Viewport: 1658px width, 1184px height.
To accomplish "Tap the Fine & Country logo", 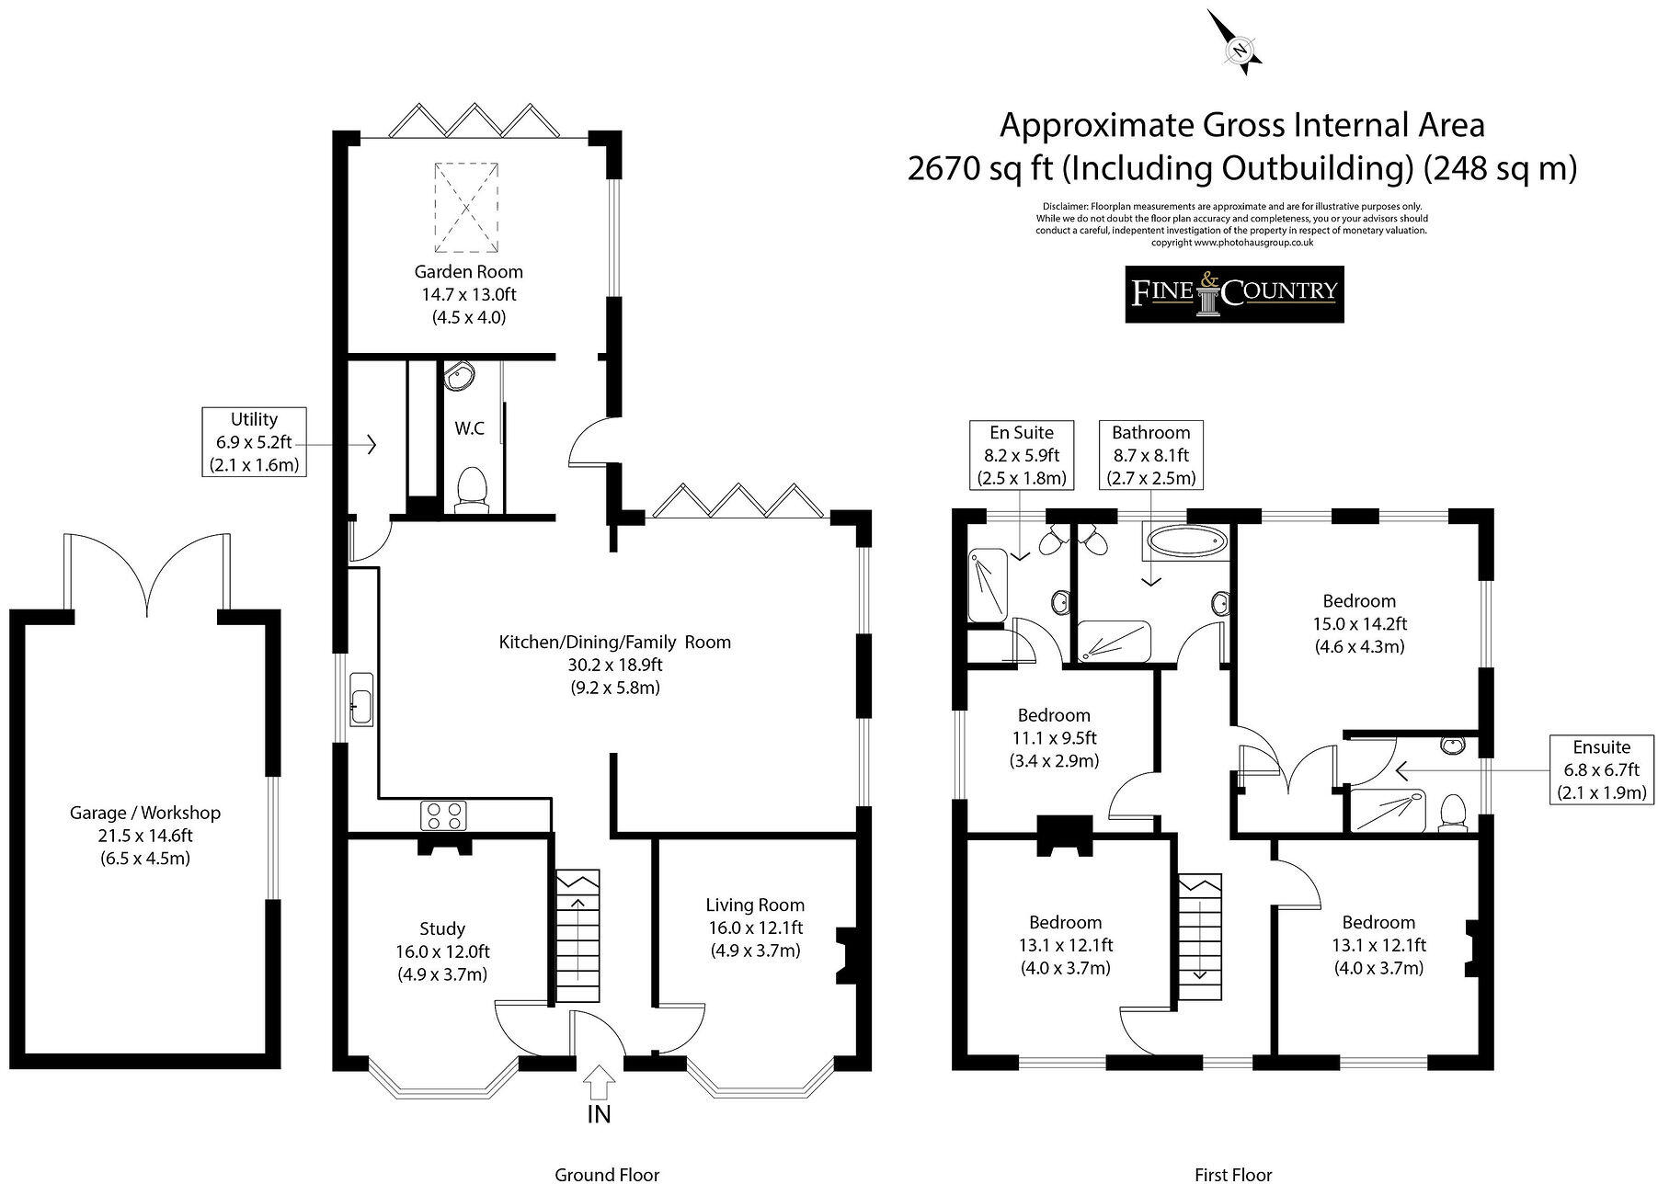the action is [x=1234, y=294].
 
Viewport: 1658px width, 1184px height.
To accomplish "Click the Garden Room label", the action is [x=469, y=295].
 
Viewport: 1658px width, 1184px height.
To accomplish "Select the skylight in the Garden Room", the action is [x=467, y=208].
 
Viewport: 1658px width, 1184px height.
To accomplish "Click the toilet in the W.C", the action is [x=472, y=488].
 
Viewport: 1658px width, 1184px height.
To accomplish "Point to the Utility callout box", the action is [x=254, y=442].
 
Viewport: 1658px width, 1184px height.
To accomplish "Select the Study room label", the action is [x=442, y=951].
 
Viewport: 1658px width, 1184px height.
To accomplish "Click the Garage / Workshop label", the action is [x=145, y=836].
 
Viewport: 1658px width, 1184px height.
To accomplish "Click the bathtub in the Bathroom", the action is [x=1185, y=541].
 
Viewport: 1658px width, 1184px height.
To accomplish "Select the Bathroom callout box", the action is [x=1151, y=455].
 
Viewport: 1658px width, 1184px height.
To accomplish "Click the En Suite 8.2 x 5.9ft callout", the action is [x=1022, y=455].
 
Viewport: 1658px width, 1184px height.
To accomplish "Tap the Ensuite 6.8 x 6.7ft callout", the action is [x=1601, y=769].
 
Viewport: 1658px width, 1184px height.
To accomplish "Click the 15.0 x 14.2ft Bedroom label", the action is [x=1359, y=623].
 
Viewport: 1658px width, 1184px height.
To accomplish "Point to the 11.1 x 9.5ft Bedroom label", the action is [x=1054, y=738].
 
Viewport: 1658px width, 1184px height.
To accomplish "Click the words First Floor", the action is [x=1233, y=1174].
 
